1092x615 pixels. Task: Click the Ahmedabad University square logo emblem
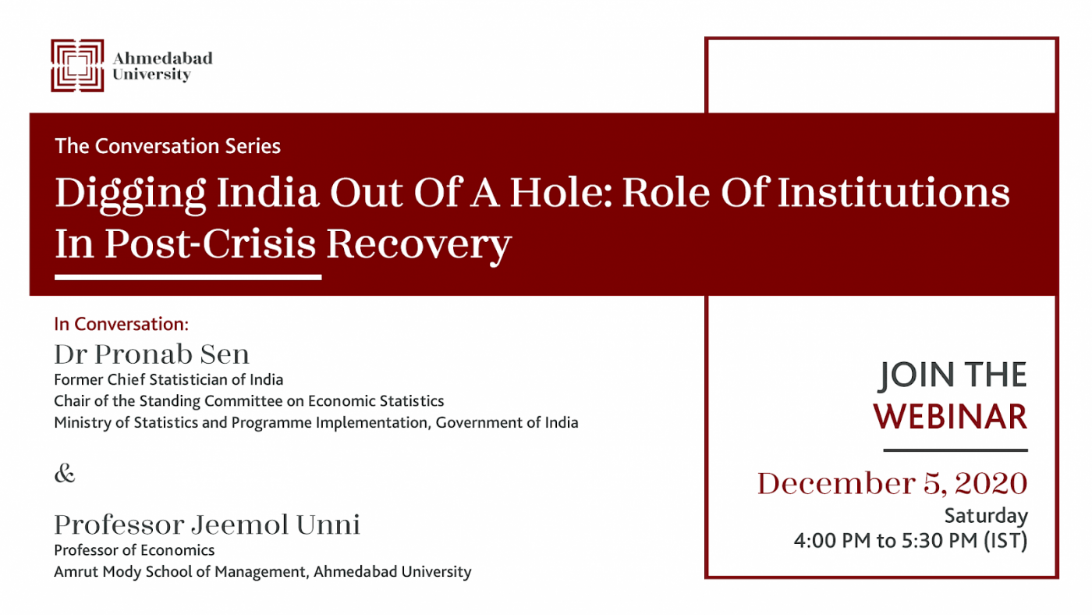[x=77, y=66]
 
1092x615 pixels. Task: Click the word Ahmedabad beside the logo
[x=162, y=58]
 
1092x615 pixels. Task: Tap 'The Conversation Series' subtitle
[x=168, y=146]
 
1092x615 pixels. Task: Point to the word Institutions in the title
[x=893, y=192]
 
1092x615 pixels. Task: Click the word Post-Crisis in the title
[x=210, y=243]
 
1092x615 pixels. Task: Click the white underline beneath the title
[x=188, y=277]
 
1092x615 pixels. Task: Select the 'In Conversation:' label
[x=122, y=324]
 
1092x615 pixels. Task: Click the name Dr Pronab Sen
[x=151, y=354]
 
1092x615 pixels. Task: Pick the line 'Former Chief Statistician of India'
[x=168, y=379]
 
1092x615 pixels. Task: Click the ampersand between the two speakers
[x=65, y=473]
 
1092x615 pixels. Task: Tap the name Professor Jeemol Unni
[x=207, y=524]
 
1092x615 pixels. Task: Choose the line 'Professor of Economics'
[x=134, y=550]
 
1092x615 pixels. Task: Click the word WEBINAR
[x=950, y=417]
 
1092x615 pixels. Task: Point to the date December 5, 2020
[x=892, y=483]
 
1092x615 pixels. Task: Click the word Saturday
[x=986, y=516]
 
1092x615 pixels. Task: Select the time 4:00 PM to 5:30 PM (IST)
[x=911, y=540]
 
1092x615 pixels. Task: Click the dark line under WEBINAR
[x=955, y=450]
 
